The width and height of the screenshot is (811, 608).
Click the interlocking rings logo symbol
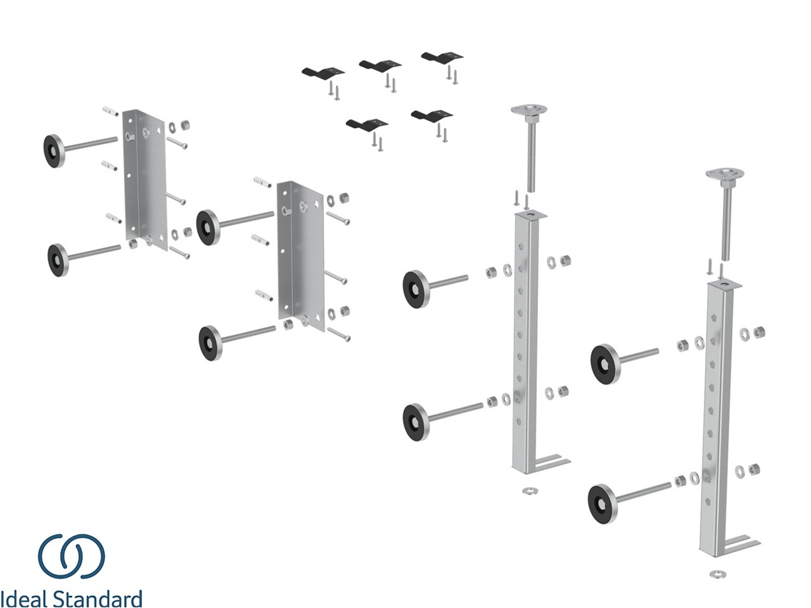71,555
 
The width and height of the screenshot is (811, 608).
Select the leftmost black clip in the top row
322,72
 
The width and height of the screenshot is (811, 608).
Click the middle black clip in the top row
380,65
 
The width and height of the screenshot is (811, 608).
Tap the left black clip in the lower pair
366,123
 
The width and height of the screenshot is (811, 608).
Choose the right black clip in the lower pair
431,115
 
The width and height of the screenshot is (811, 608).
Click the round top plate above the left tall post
529,111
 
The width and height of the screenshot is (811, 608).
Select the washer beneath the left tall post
528,490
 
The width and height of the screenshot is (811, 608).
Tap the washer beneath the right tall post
718,574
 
